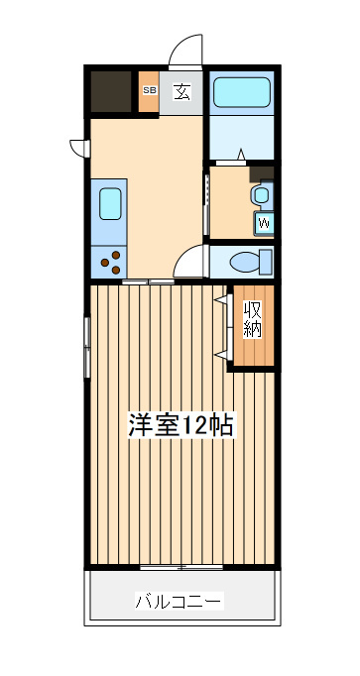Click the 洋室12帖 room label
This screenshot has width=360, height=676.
pyautogui.click(x=181, y=425)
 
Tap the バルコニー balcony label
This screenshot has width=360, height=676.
pyautogui.click(x=179, y=601)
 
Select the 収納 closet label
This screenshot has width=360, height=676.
pyautogui.click(x=253, y=319)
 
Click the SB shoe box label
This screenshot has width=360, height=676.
pyautogui.click(x=150, y=90)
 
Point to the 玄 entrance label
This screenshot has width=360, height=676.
pyautogui.click(x=181, y=91)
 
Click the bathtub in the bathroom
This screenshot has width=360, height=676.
pyautogui.click(x=241, y=92)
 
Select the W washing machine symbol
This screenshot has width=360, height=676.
pyautogui.click(x=264, y=223)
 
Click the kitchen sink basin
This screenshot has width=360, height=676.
pyautogui.click(x=110, y=203)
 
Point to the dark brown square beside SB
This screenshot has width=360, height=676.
pyautogui.click(x=111, y=91)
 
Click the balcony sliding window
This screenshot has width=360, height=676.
pyautogui.click(x=181, y=567)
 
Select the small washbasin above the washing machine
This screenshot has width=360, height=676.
pyautogui.click(x=261, y=195)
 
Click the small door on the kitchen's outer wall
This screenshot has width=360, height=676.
pyautogui.click(x=80, y=148)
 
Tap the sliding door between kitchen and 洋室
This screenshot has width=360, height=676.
pyautogui.click(x=148, y=282)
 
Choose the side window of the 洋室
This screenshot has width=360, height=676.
pyautogui.click(x=87, y=348)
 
